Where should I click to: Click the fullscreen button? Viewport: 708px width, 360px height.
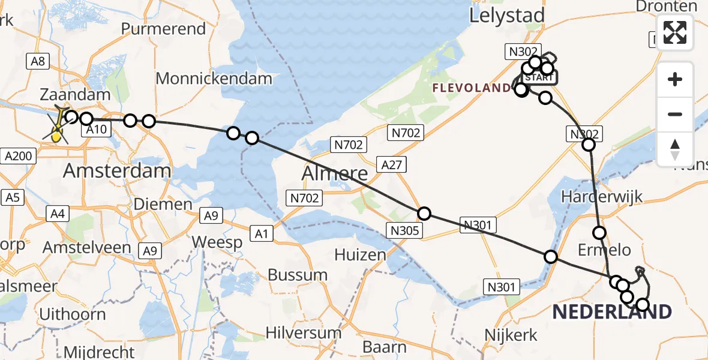pos(675,32)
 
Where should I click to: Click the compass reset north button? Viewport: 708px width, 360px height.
pos(675,149)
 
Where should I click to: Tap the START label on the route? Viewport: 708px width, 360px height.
pos(539,77)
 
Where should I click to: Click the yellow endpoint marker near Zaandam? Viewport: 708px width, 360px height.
pos(56,136)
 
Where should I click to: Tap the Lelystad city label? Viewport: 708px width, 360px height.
pos(507,16)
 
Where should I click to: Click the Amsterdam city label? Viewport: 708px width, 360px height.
pos(117,170)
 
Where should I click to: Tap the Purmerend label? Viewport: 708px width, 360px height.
pos(163,29)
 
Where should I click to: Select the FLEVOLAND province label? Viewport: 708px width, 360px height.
pos(472,89)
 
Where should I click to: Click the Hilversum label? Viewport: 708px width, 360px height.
pos(303,332)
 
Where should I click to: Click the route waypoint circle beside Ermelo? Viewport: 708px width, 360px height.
pos(599,233)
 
